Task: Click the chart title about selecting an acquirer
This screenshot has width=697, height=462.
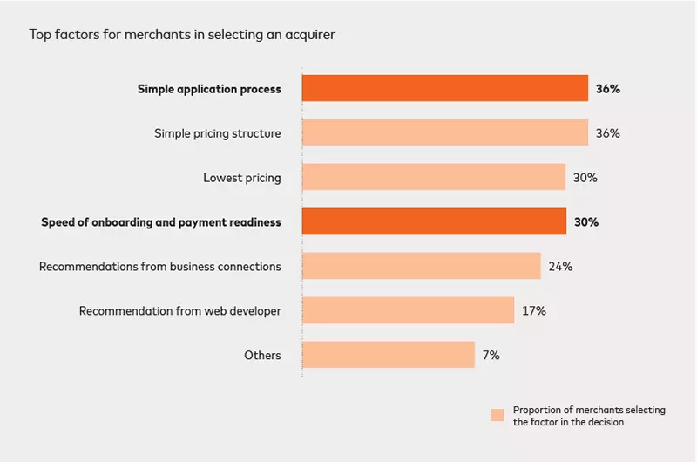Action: pyautogui.click(x=182, y=35)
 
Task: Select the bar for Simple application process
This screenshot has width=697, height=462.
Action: pyautogui.click(x=444, y=89)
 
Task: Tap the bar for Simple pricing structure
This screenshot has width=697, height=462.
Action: pyautogui.click(x=444, y=133)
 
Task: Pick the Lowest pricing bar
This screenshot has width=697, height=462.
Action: pyautogui.click(x=433, y=178)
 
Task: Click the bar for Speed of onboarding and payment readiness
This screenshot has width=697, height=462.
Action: pyautogui.click(x=433, y=222)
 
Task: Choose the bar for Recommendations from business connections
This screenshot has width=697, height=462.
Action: pyautogui.click(x=421, y=266)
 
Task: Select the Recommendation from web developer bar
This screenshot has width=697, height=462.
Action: pyautogui.click(x=408, y=310)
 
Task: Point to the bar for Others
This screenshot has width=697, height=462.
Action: pyautogui.click(x=388, y=355)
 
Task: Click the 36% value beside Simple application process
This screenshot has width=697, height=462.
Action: pyautogui.click(x=607, y=89)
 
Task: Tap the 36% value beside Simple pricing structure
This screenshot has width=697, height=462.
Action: pyautogui.click(x=607, y=133)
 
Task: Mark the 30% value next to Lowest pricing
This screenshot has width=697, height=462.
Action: pyautogui.click(x=585, y=178)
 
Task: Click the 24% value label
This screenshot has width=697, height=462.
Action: pyautogui.click(x=560, y=267)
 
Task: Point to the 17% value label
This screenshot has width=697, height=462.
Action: pyautogui.click(x=533, y=311)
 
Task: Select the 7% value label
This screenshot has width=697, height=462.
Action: pyautogui.click(x=491, y=356)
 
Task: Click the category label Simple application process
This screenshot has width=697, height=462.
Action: pyautogui.click(x=209, y=89)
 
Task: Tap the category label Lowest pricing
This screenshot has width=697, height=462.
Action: pyautogui.click(x=241, y=178)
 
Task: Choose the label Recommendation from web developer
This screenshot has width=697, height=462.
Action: pyautogui.click(x=179, y=311)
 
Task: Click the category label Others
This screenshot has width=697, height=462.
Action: pyautogui.click(x=262, y=356)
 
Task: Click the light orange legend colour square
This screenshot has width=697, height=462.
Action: pyautogui.click(x=497, y=415)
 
